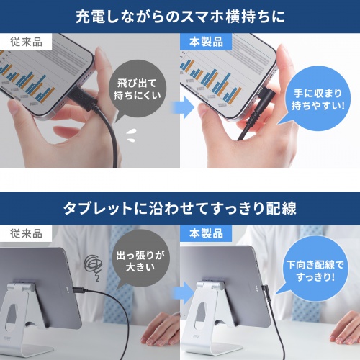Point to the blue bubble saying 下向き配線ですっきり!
point(315,268)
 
